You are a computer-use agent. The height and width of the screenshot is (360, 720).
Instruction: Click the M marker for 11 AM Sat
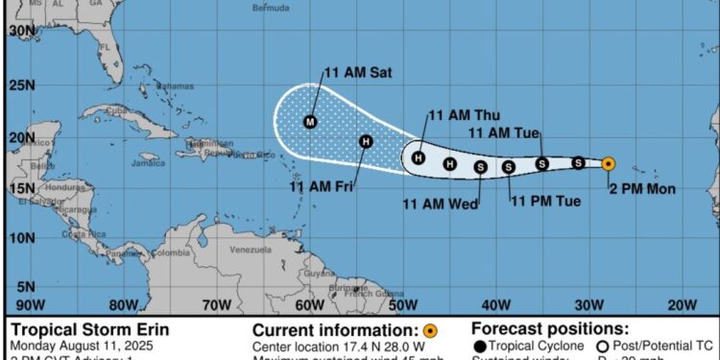pos(309,122)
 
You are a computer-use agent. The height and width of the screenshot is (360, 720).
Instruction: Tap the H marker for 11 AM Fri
pos(365,142)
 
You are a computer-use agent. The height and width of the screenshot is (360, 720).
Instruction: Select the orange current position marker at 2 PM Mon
pos(609,164)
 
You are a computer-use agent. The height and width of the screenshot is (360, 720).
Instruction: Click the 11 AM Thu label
pos(465,115)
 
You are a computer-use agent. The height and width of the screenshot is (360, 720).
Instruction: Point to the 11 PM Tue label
pos(546,201)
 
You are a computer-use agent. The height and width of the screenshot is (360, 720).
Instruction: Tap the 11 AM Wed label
pos(440,203)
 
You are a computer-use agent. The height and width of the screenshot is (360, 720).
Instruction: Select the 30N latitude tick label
pos(22,31)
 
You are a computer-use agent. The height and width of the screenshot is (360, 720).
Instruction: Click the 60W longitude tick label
pos(308,305)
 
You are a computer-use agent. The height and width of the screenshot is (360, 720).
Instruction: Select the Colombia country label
pos(172,253)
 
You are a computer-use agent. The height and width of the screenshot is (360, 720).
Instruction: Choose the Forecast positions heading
pos(550,329)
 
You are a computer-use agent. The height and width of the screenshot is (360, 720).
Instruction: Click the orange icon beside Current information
pos(431,330)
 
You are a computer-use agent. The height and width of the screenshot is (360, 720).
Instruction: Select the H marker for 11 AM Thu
pos(419,157)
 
